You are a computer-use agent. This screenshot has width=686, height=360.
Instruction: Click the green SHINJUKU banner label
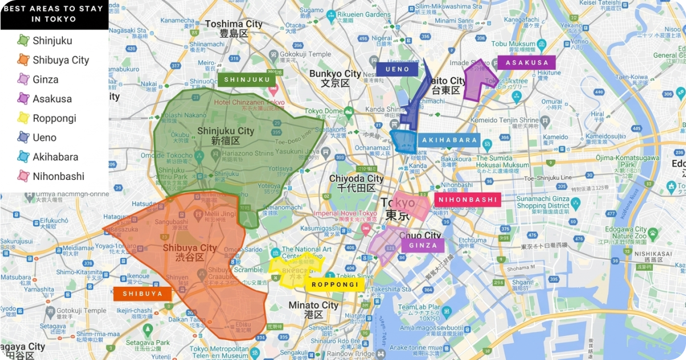pyautogui.click(x=247, y=80)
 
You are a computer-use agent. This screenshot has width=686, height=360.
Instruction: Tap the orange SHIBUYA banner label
pyautogui.click(x=142, y=294)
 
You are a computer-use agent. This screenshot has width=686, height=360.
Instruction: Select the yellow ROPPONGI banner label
pyautogui.click(x=335, y=285)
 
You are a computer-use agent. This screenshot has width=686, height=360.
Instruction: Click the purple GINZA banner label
pyautogui.click(x=423, y=246)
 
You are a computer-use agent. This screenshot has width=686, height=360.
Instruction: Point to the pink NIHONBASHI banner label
pyautogui.click(x=467, y=199)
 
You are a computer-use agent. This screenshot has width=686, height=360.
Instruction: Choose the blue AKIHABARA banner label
pyautogui.click(x=448, y=141)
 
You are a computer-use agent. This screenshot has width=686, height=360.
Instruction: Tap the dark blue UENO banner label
pyautogui.click(x=397, y=69)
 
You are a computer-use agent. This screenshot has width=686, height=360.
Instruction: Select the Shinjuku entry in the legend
pyautogui.click(x=52, y=41)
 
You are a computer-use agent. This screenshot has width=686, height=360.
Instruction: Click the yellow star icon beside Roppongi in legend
pyautogui.click(x=23, y=118)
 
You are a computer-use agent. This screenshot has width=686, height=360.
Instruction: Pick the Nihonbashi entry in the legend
pyautogui.click(x=58, y=177)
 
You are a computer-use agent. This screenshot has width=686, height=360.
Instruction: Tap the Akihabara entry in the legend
pyautogui.click(x=55, y=157)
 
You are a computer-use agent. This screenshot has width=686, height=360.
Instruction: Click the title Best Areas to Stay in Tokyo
pyautogui.click(x=54, y=14)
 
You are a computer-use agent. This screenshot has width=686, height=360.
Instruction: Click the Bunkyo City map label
pyautogui.click(x=335, y=74)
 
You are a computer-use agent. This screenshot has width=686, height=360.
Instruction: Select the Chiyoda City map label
pyautogui.click(x=356, y=179)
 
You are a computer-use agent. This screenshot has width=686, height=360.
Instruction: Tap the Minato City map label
pyautogui.click(x=313, y=305)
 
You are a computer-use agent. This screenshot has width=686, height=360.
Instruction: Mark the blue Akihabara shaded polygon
pyautogui.click(x=404, y=141)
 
